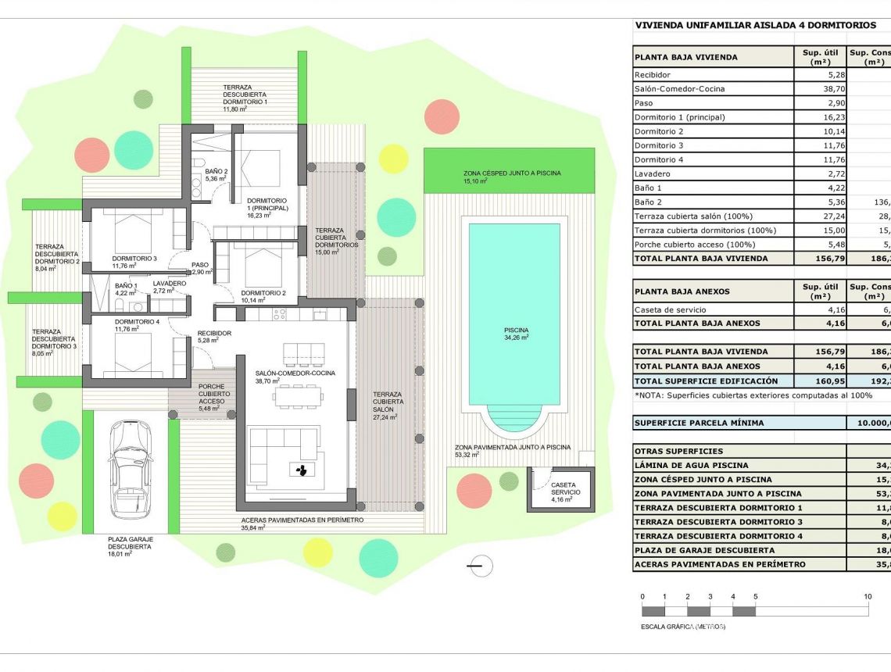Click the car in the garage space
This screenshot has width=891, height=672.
[129, 468]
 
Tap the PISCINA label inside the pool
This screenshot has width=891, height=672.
[516, 331]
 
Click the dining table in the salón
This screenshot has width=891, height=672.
[297, 396]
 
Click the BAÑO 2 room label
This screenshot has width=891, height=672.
[216, 171]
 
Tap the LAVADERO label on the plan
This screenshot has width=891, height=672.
[170, 284]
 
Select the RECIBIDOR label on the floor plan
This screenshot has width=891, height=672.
[213, 333]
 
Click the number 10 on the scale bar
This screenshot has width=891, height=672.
[868, 596]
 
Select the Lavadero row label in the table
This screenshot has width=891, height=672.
[654, 173]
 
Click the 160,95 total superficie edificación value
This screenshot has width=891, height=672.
[818, 381]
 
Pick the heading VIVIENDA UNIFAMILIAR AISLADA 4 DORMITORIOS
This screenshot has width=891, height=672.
[755, 25]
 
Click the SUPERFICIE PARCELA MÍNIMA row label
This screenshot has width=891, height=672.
[699, 423]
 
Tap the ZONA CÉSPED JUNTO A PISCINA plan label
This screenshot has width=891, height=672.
[512, 173]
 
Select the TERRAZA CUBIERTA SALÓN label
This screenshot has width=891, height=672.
[388, 402]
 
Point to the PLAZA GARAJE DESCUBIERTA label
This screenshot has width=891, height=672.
[131, 543]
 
